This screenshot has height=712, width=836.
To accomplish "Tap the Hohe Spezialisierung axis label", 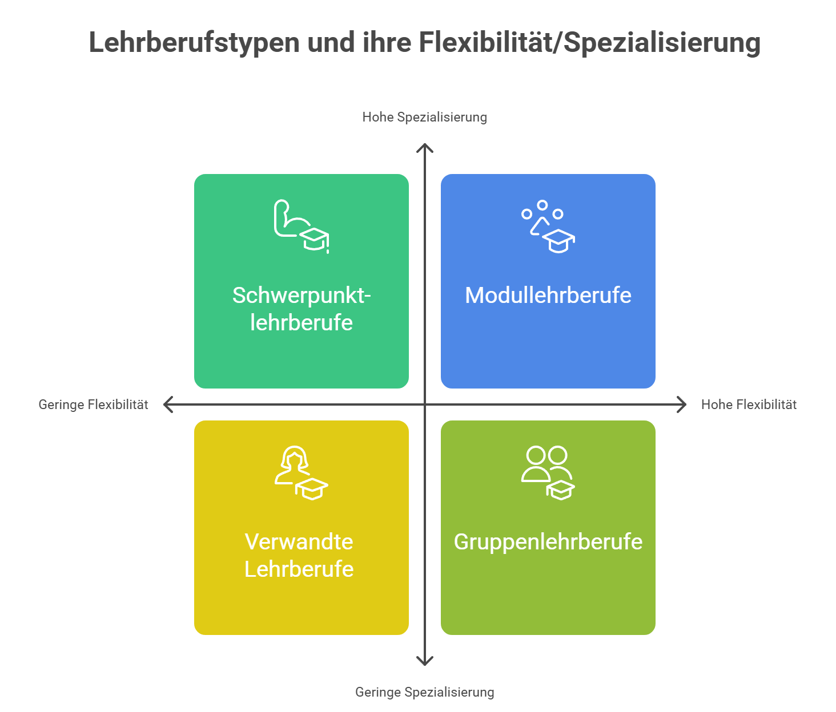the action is pyautogui.click(x=424, y=117).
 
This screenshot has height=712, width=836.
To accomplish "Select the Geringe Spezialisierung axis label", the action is pyautogui.click(x=424, y=692).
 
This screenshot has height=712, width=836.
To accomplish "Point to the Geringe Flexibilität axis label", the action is pyautogui.click(x=93, y=404).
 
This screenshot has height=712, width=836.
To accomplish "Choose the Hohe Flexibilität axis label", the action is pyautogui.click(x=749, y=404).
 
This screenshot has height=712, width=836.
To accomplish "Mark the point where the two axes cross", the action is pyautogui.click(x=425, y=404).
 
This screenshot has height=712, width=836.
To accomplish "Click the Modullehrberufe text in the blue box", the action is pyautogui.click(x=548, y=296).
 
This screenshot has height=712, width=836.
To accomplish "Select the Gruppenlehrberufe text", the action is pyautogui.click(x=548, y=543).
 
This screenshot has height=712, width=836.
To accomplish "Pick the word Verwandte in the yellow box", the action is pyautogui.click(x=299, y=542).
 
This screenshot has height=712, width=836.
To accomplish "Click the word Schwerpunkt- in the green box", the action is pyautogui.click(x=302, y=296).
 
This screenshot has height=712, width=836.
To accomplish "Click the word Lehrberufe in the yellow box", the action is pyautogui.click(x=299, y=569).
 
